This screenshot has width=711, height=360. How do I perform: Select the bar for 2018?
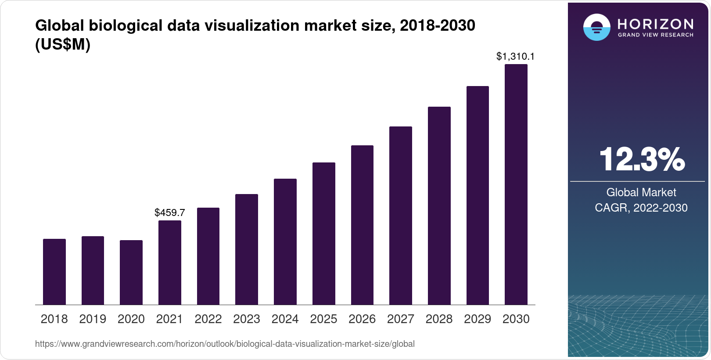coord(54,272)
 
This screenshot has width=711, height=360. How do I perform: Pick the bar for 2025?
coord(324,234)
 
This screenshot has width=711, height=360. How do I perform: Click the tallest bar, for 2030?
coord(516,184)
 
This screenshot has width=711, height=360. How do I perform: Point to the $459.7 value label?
coord(170,213)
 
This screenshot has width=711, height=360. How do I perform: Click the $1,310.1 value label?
coord(515,56)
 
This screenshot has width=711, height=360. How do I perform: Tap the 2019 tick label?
coord(93,319)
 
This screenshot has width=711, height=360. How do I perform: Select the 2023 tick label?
coord(247,319)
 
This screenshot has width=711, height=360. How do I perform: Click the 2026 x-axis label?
coord(362,319)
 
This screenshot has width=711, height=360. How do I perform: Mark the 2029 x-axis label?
coord(478,319)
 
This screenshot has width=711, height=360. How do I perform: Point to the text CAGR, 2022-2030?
coord(641,208)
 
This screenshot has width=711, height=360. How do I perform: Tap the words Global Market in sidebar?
coord(641,192)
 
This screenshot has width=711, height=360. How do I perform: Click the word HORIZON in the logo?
coord(656,24)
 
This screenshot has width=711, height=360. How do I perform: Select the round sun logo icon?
coord(597,27)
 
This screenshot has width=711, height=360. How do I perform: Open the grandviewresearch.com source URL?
coord(225,344)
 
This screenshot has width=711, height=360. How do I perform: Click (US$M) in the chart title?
coord(63,44)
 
